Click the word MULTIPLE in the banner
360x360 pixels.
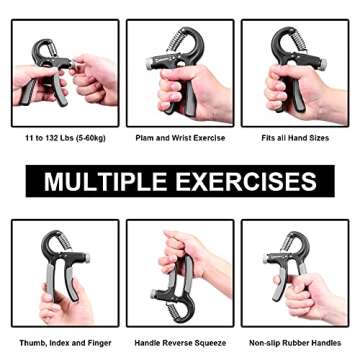coord(104,182)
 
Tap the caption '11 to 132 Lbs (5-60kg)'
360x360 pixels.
coord(57,138)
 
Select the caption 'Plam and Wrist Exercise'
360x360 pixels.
coord(180,138)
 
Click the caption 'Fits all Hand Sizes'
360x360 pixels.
coord(295,138)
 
